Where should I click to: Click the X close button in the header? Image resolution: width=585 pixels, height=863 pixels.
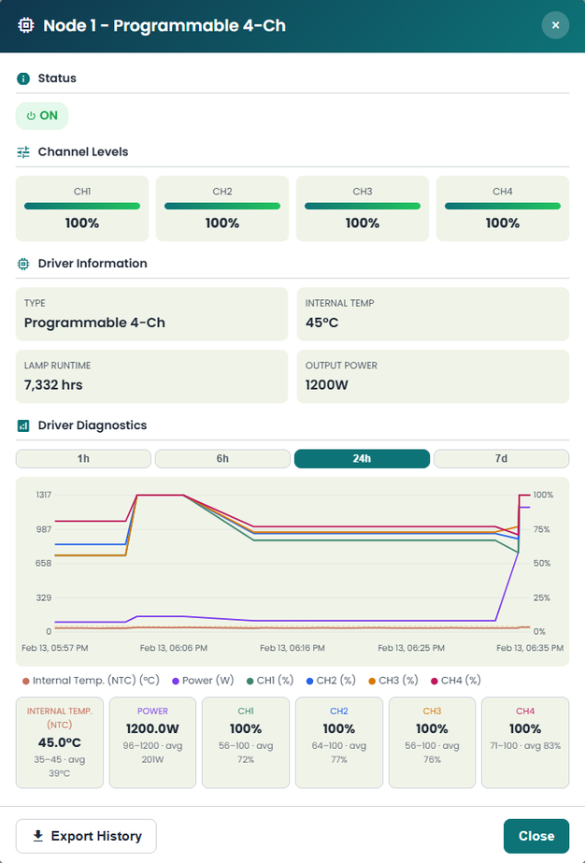click(x=555, y=25)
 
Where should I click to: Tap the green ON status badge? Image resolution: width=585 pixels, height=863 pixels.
click(x=42, y=116)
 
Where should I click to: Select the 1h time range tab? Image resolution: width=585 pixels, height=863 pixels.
click(x=83, y=458)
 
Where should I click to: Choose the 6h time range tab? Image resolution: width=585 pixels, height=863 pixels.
click(x=222, y=458)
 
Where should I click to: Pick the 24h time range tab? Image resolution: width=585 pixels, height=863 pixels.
click(x=362, y=458)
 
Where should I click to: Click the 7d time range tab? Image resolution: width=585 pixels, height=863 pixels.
click(x=501, y=458)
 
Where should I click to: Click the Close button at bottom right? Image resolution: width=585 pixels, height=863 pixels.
click(x=536, y=836)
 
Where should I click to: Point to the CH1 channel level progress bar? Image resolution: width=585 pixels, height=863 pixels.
click(x=82, y=206)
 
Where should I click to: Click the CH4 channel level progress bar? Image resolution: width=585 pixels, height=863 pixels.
click(x=503, y=206)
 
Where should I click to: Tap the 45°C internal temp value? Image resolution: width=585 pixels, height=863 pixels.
click(x=322, y=323)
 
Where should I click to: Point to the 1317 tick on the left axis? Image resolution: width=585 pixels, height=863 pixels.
click(x=42, y=495)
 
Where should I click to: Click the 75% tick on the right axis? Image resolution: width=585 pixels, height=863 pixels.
click(x=543, y=529)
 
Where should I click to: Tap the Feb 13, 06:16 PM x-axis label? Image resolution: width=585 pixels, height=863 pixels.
click(x=292, y=647)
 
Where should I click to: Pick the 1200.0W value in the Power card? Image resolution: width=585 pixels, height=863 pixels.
click(x=152, y=728)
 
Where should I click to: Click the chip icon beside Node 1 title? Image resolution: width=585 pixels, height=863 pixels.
click(x=26, y=25)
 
